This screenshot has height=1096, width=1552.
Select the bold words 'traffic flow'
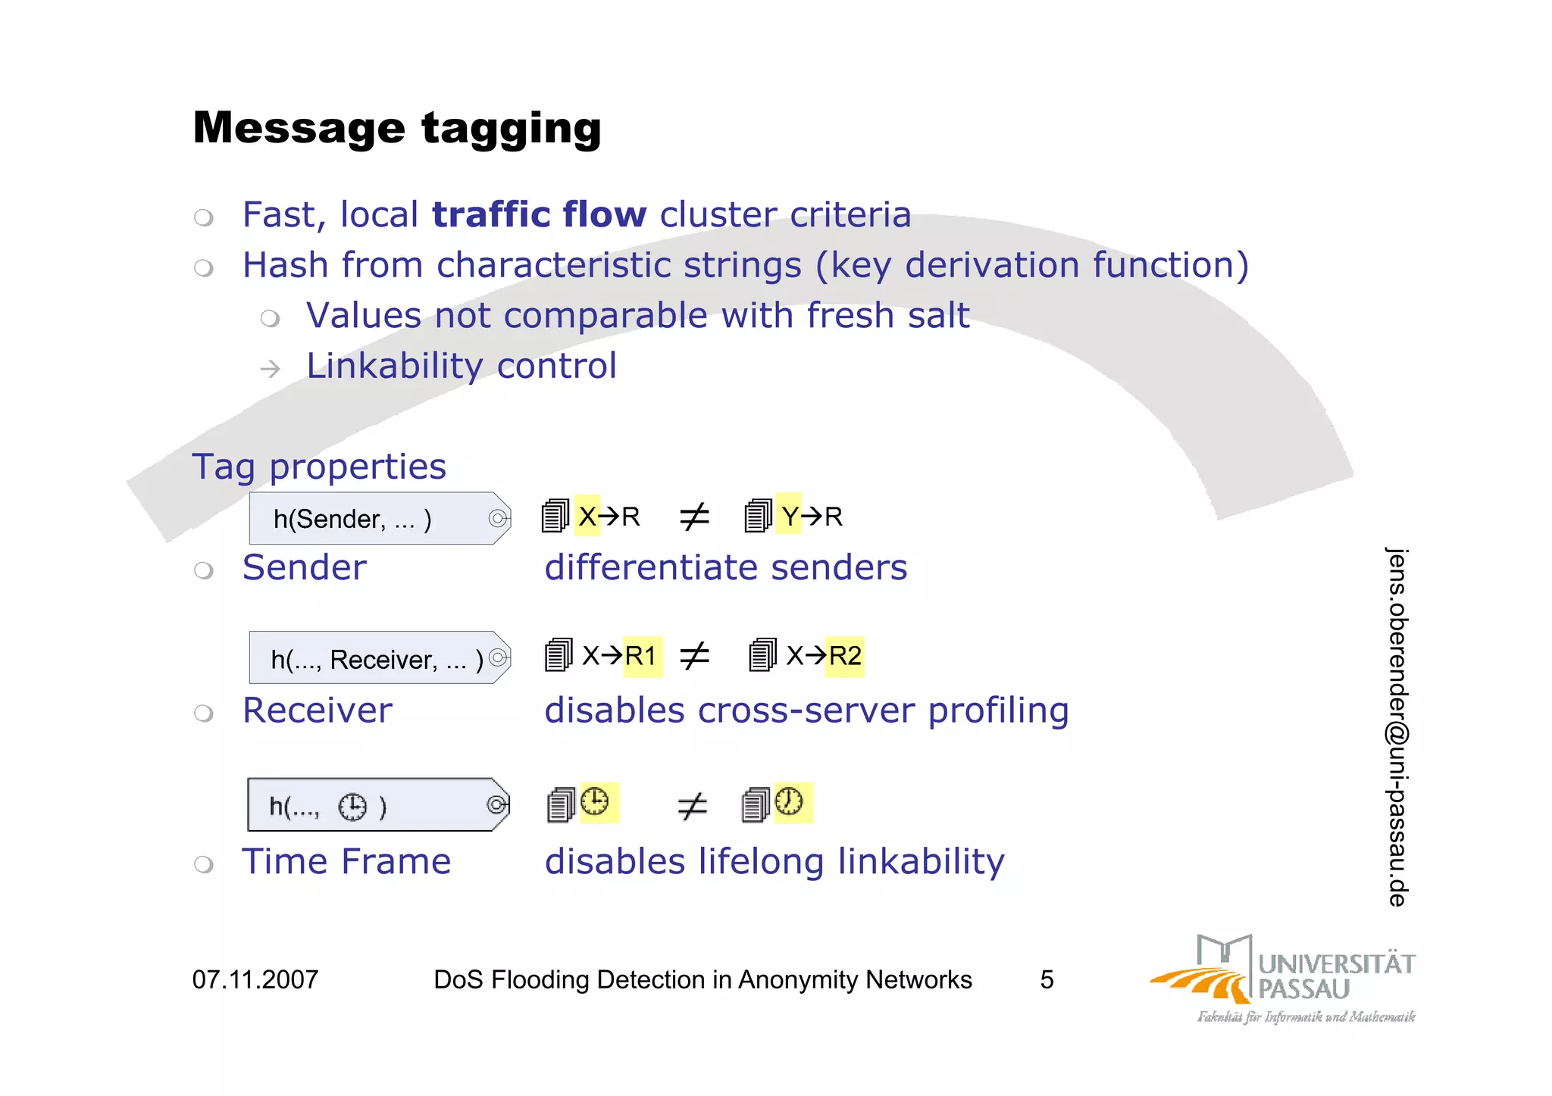[539, 214]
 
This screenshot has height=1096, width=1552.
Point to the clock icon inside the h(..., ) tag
[352, 807]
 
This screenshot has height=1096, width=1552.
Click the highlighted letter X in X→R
[587, 517]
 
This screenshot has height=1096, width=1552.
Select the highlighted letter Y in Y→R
[790, 517]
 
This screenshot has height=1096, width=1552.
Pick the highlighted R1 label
[641, 656]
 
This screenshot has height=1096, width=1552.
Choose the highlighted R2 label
[845, 656]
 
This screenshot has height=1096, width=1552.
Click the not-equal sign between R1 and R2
[694, 656]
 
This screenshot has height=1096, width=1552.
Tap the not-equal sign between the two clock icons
[692, 806]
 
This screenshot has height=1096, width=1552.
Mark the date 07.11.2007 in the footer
[255, 979]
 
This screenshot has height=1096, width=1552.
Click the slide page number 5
[1047, 979]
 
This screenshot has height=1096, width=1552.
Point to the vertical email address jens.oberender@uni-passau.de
[1397, 726]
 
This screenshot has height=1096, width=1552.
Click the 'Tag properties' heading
[319, 467]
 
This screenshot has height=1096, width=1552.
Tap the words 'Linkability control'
[462, 366]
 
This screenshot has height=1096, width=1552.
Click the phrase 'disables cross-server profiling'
[806, 710]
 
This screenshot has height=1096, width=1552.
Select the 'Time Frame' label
[346, 862]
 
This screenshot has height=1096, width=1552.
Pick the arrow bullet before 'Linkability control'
[270, 369]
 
